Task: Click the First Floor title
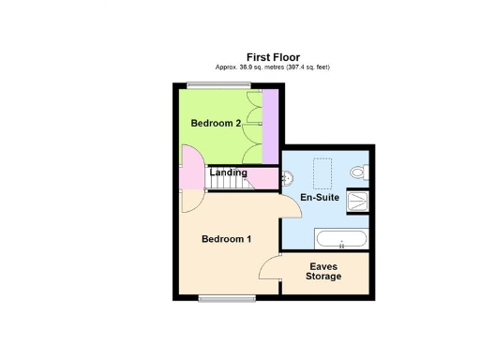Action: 273,57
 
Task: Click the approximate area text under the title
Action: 273,67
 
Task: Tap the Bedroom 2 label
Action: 217,123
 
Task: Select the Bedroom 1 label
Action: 227,239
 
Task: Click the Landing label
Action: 228,172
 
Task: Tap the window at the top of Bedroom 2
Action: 211,85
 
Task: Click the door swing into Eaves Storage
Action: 270,268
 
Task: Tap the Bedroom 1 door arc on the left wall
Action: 188,199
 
